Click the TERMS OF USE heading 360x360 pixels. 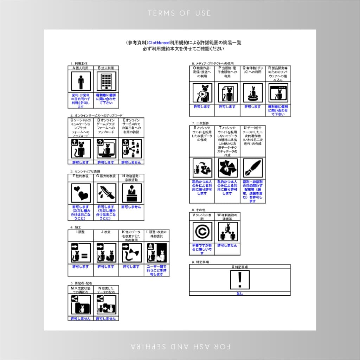coord(180,13)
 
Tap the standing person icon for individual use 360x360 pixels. coord(81,82)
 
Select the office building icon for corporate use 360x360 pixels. coord(106,82)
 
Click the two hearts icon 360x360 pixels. coord(81,193)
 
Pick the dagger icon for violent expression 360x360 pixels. coord(106,193)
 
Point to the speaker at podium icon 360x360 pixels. coord(131,193)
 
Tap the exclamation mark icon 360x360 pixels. coord(240,280)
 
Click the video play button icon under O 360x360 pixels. coord(202,93)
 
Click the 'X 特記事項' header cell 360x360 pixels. coord(240,267)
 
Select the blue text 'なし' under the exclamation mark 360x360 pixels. coord(240,293)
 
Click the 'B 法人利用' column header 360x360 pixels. coord(106,68)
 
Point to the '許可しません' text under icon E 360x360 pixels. coord(131,162)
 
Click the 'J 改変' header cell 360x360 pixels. coord(106,232)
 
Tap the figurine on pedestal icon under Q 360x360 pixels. coord(253,93)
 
